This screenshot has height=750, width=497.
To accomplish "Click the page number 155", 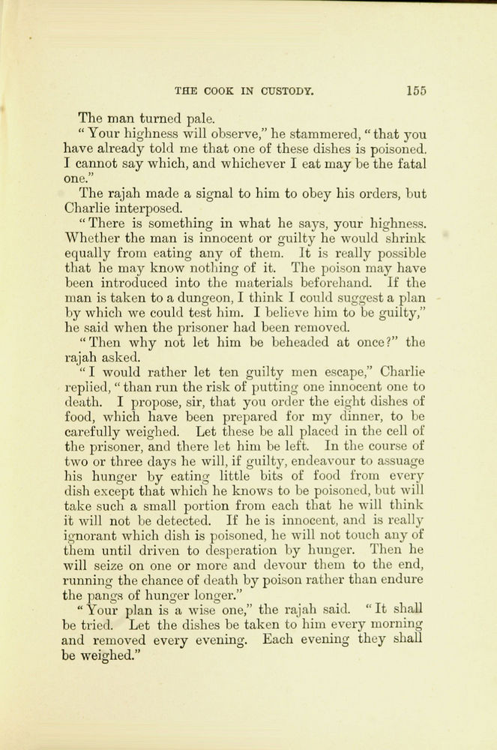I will tap(416, 91).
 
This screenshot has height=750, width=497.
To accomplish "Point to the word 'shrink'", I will tap(406, 238).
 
